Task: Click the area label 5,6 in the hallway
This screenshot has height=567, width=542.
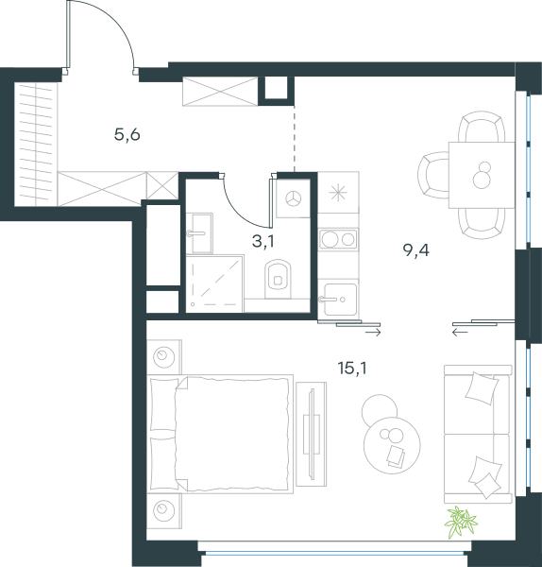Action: (x=127, y=135)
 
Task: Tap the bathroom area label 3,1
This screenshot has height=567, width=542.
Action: (x=263, y=241)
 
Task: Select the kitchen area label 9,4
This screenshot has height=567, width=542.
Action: (x=415, y=249)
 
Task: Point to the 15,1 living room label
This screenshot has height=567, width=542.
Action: (x=352, y=369)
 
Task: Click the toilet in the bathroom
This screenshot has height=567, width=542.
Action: (x=278, y=279)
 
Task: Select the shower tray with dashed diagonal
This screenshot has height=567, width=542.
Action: (x=214, y=283)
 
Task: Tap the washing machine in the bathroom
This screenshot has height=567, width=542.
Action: (x=293, y=198)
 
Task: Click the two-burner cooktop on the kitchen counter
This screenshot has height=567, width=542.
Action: (x=339, y=239)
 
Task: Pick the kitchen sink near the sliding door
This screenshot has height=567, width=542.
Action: (x=340, y=300)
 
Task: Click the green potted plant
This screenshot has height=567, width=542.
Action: (x=461, y=522)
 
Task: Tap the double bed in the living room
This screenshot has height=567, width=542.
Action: (x=220, y=434)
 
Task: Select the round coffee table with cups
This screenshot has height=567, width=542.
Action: (x=392, y=445)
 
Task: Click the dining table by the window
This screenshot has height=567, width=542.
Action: (x=482, y=175)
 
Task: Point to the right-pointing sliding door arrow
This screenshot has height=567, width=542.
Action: (x=373, y=333)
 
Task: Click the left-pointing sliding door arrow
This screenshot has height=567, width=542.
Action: (x=460, y=332)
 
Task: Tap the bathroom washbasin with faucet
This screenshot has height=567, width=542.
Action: (x=199, y=233)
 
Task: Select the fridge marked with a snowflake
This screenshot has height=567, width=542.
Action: (x=338, y=193)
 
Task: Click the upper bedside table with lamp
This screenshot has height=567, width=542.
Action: (x=164, y=357)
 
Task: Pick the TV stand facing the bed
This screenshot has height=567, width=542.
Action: (x=311, y=435)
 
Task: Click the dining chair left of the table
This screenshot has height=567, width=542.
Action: (x=433, y=175)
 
